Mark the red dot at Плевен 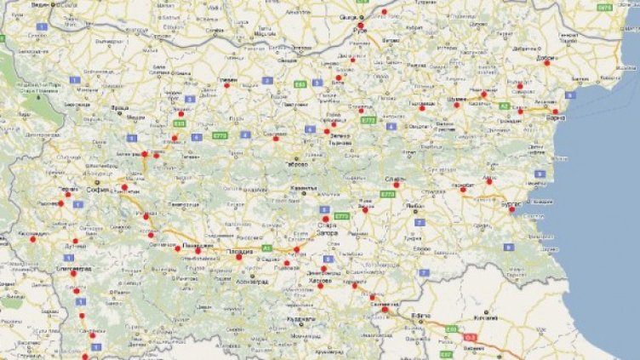pyautogui.click(x=226, y=85)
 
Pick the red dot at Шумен pyautogui.click(x=457, y=105)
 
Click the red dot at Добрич pyautogui.click(x=547, y=64)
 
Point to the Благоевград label pyautogui.click(x=74, y=267)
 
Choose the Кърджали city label pyautogui.click(x=302, y=319)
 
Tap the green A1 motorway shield pyautogui.click(x=266, y=248)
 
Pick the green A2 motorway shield pyautogui.click(x=505, y=106)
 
